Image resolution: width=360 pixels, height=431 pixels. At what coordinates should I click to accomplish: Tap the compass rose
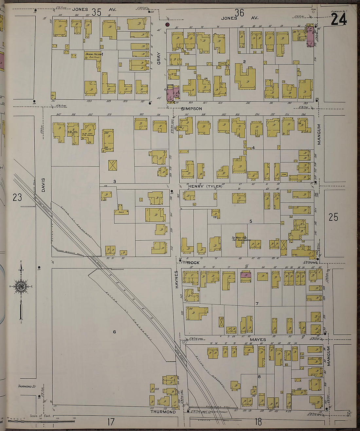(x=21, y=287)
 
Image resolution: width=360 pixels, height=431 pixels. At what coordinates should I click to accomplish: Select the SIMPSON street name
(x=191, y=108)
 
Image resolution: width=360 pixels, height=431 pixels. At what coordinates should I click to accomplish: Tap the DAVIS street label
(x=43, y=185)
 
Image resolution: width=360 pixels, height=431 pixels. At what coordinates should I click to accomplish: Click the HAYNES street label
(x=176, y=279)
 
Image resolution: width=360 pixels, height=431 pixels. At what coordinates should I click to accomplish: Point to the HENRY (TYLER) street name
(x=205, y=186)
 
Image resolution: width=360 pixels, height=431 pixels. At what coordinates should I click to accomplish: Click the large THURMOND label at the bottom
(x=163, y=412)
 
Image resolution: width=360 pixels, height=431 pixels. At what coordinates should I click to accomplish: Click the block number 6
(x=115, y=332)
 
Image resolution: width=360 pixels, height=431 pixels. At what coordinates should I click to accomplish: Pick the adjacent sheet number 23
(x=17, y=198)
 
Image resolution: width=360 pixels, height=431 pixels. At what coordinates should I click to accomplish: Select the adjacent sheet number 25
(x=333, y=217)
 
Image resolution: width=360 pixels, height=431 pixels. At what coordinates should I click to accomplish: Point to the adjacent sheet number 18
(x=258, y=422)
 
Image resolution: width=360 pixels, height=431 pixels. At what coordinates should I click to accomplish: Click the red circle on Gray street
(x=167, y=25)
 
